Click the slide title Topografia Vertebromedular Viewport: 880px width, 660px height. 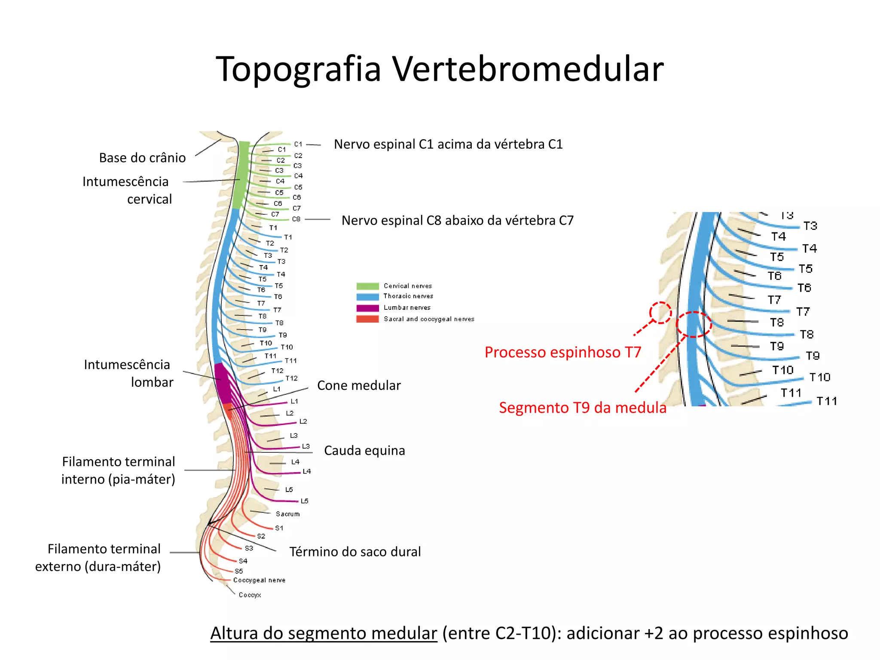(440, 69)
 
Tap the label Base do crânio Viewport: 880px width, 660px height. (142, 158)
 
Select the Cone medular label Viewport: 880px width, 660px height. (359, 385)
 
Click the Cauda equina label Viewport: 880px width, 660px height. (364, 450)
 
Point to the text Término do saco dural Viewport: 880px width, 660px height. (355, 552)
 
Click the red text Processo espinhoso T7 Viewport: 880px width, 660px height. (562, 352)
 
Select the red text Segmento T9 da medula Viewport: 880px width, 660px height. (583, 407)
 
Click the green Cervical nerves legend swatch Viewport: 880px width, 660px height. (367, 286)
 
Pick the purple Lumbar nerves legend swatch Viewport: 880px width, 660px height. (367, 308)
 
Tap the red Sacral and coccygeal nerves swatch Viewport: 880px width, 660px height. (367, 319)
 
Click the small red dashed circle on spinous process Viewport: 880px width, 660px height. (660, 312)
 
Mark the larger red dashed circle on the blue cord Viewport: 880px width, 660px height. (694, 324)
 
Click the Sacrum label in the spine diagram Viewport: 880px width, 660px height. (287, 514)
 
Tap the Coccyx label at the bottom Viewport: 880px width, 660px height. (250, 595)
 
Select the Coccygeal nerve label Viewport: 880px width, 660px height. (259, 580)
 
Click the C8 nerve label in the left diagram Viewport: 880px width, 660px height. (296, 219)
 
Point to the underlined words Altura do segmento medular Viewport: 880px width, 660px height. (324, 633)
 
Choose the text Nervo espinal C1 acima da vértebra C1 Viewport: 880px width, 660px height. (448, 144)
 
